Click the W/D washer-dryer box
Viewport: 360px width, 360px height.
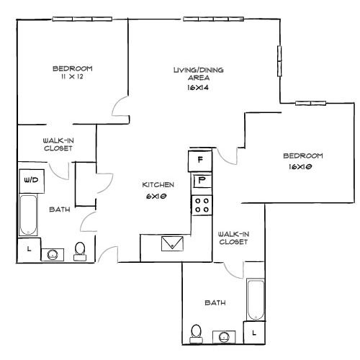[x=32, y=181]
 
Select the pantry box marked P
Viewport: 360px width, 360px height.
[x=202, y=181]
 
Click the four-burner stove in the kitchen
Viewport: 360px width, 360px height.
[x=202, y=205]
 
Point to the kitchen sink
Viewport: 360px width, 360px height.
[x=172, y=243]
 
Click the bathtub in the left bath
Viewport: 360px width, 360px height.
[x=28, y=215]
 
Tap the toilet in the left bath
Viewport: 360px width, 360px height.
[x=80, y=251]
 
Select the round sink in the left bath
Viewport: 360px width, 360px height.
[x=53, y=255]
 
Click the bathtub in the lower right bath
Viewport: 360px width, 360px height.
[x=256, y=300]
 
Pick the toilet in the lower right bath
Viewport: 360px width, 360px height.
[x=196, y=334]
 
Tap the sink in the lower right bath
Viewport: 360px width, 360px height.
[x=224, y=337]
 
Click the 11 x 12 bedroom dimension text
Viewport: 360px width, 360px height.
[x=72, y=77]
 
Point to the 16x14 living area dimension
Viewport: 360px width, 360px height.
[x=198, y=88]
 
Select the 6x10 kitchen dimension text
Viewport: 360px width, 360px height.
[x=156, y=196]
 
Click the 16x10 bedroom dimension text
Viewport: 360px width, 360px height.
[x=300, y=166]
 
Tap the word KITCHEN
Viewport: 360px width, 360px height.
[x=158, y=185]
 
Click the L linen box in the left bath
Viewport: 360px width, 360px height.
[x=29, y=250]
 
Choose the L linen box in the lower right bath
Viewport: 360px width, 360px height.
[x=254, y=333]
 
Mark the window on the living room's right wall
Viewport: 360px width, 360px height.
[x=279, y=61]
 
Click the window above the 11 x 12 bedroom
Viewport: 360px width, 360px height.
[x=82, y=19]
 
